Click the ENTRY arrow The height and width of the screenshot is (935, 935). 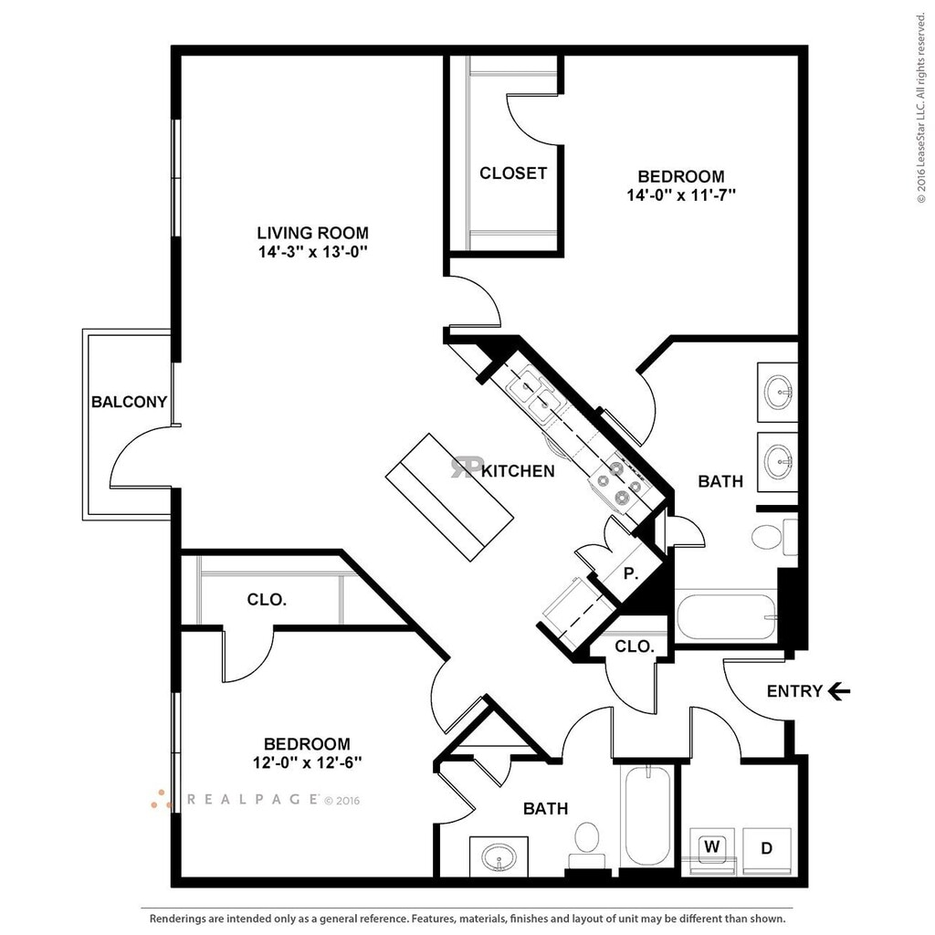[x=838, y=691]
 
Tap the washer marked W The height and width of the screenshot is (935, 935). [x=711, y=847]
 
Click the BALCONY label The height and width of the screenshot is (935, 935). [x=129, y=401]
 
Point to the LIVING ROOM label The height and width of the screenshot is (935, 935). [x=312, y=233]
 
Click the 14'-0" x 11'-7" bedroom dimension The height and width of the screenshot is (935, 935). [x=681, y=194]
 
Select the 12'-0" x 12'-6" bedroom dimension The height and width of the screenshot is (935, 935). [x=307, y=762]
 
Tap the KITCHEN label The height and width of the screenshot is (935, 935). [x=517, y=471]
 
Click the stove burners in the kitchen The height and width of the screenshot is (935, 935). [x=616, y=482]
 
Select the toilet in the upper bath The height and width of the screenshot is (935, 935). [x=768, y=536]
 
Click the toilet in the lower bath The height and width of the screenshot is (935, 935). [x=586, y=842]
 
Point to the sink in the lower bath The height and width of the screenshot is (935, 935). [x=499, y=857]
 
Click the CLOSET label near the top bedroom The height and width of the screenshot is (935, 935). [x=513, y=173]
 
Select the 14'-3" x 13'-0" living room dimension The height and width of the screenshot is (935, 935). [x=312, y=253]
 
